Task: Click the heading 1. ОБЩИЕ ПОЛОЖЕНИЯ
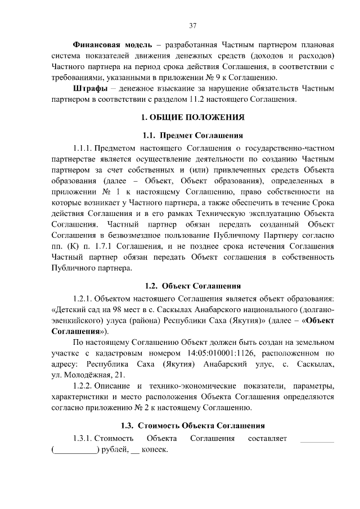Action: [192, 118]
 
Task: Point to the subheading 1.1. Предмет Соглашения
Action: [192, 136]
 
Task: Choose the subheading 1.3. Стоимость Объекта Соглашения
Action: [192, 425]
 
